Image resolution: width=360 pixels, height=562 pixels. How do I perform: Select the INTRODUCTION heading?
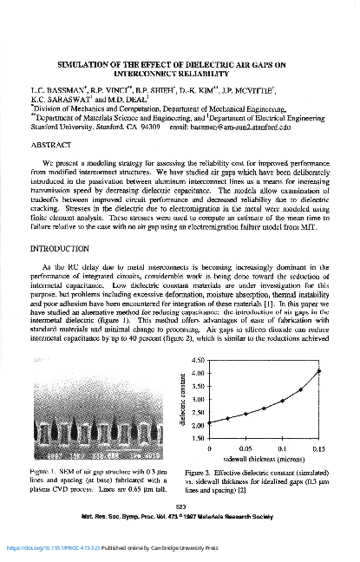click(63, 248)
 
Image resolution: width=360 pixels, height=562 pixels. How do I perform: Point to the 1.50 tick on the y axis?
click(195, 440)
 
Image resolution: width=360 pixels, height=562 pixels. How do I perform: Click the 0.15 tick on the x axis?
click(319, 450)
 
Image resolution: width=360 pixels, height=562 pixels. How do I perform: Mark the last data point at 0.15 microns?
click(319, 371)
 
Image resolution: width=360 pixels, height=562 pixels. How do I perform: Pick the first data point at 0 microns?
click(210, 423)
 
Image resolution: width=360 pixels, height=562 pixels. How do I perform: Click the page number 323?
click(180, 506)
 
